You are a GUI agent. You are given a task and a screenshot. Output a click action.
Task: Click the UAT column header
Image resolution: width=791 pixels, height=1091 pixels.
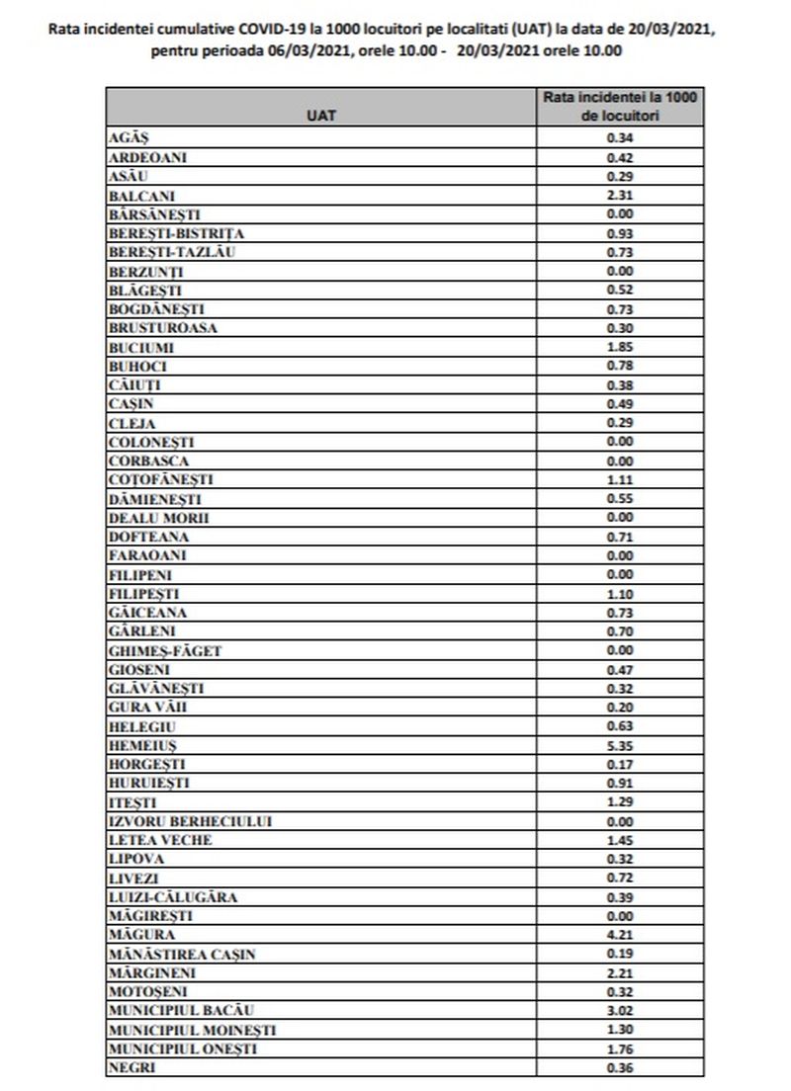tap(321, 116)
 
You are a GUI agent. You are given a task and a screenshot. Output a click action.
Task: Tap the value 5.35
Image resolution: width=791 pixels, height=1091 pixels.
tap(619, 745)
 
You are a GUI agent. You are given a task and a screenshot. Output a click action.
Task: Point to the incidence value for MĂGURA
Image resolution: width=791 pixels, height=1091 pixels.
tap(619, 935)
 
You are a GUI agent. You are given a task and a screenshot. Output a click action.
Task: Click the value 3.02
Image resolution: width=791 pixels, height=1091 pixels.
tap(619, 1011)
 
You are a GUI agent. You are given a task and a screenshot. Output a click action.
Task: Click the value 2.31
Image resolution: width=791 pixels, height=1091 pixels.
tap(619, 196)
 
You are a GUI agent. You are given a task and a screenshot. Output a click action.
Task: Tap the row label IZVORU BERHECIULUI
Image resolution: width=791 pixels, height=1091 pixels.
tap(189, 821)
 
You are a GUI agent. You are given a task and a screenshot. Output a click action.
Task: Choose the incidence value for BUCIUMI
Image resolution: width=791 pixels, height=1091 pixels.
tap(619, 348)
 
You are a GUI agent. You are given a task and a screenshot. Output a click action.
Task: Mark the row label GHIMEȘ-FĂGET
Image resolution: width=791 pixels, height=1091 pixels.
tap(164, 650)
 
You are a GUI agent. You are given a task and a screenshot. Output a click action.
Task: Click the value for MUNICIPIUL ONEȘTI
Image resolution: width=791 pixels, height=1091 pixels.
tap(619, 1049)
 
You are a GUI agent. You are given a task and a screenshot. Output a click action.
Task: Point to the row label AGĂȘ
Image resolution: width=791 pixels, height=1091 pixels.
tap(126, 138)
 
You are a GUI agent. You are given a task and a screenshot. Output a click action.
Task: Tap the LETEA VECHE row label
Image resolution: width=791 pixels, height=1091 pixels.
tap(159, 840)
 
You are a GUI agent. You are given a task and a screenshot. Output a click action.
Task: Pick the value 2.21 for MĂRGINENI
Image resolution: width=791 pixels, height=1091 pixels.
tap(619, 972)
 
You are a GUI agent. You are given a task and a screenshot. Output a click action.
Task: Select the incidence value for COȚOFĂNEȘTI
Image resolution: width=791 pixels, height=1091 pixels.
tap(619, 480)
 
